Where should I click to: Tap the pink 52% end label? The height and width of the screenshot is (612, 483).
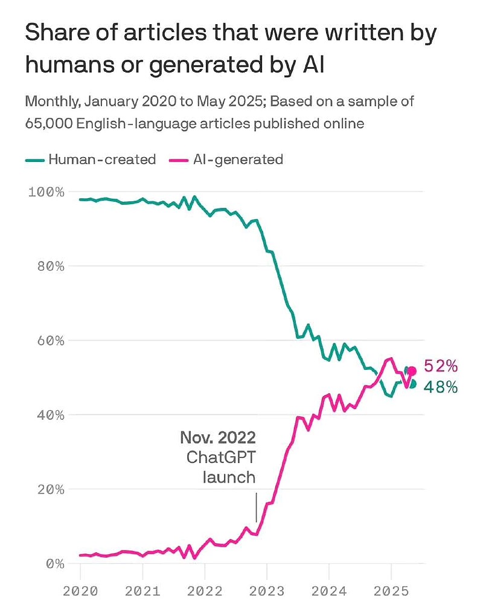(441, 366)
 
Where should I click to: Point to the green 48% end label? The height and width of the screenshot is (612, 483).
(441, 387)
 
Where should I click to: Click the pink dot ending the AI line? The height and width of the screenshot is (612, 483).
(412, 371)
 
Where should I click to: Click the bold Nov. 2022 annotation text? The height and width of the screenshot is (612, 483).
(218, 437)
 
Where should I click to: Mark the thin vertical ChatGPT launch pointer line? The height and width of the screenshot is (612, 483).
(257, 507)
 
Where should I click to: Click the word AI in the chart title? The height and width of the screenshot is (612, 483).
(313, 63)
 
